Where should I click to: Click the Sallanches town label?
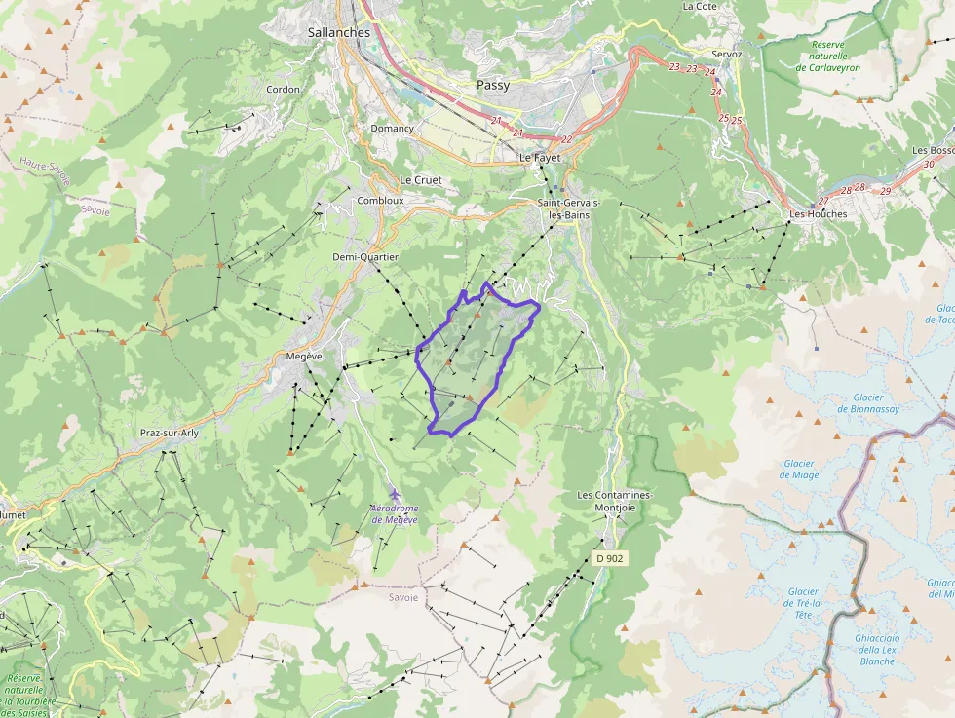(x=339, y=32)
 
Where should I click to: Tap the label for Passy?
(x=493, y=85)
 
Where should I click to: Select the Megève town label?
(x=304, y=357)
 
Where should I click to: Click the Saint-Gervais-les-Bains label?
(x=569, y=208)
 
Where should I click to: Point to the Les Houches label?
(x=818, y=213)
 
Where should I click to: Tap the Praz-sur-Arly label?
(x=170, y=432)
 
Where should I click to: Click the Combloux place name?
(x=380, y=200)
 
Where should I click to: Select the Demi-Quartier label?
(x=365, y=256)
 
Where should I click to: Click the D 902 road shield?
(x=609, y=558)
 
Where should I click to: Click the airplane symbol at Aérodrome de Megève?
(x=393, y=495)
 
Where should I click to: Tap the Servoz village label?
(x=727, y=55)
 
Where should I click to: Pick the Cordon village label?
(x=284, y=90)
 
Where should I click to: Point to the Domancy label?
(x=392, y=129)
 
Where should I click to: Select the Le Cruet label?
(x=421, y=180)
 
